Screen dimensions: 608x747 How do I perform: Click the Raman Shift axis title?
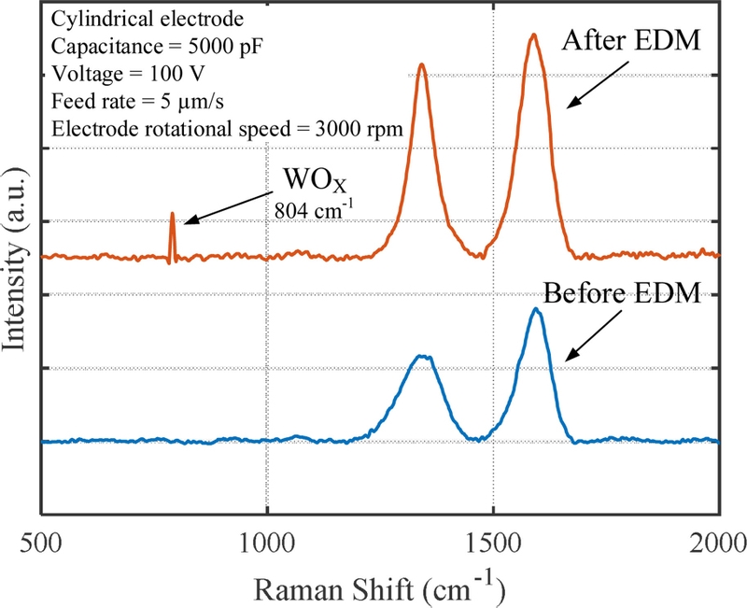(x=380, y=588)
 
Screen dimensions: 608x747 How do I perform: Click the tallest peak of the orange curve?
(x=533, y=35)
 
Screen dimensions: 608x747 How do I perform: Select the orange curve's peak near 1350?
(x=422, y=64)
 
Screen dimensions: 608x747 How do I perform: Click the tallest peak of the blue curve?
(x=536, y=309)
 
